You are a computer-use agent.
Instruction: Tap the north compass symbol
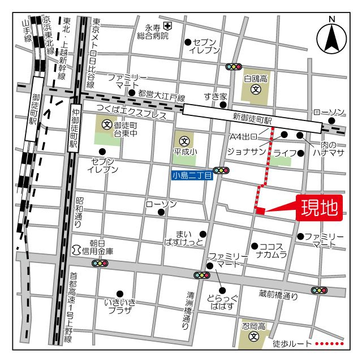[331, 37]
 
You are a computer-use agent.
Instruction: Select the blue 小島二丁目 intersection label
[192, 176]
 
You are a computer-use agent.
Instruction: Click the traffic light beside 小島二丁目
[221, 170]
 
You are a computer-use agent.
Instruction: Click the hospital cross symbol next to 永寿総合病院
[167, 26]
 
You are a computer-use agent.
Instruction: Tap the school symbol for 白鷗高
[256, 89]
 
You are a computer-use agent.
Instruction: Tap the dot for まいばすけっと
[203, 234]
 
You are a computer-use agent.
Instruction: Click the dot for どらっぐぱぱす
[222, 291]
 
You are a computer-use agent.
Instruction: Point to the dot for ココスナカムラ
[255, 246]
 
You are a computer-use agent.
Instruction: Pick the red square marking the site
[260, 211]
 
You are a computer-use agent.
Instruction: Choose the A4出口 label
[243, 136]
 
